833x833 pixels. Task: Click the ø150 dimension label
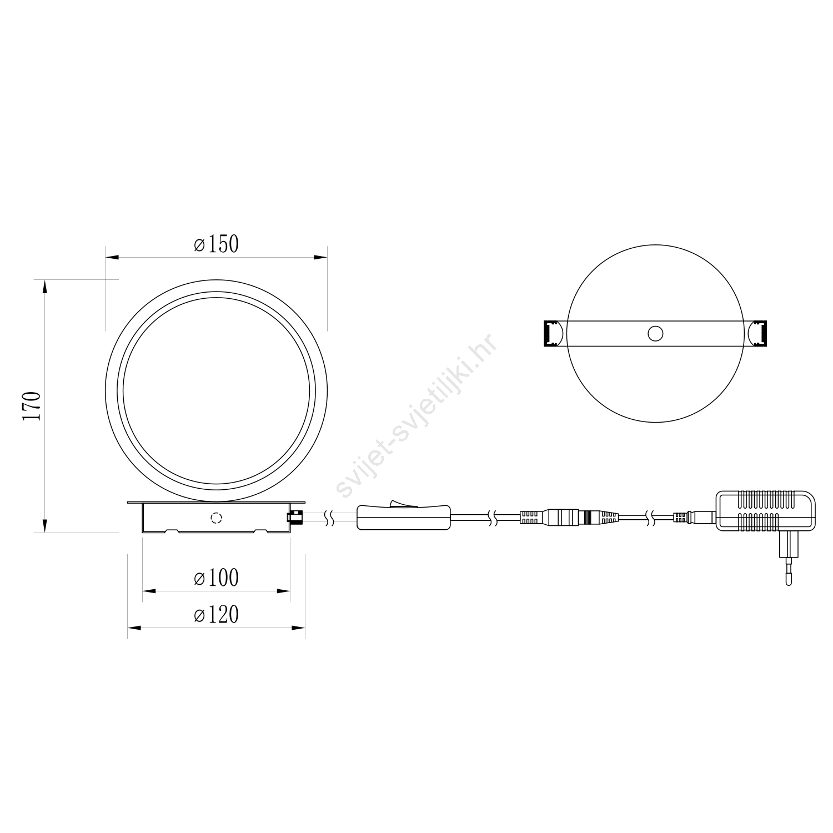click(216, 244)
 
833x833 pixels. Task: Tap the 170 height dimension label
click(32, 406)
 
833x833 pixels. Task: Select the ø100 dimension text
click(216, 578)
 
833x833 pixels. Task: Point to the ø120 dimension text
click(216, 614)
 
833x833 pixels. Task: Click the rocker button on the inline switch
click(403, 503)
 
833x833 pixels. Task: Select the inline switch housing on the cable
click(403, 517)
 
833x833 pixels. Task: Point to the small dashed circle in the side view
click(215, 518)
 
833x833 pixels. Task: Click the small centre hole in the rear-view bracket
click(655, 333)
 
